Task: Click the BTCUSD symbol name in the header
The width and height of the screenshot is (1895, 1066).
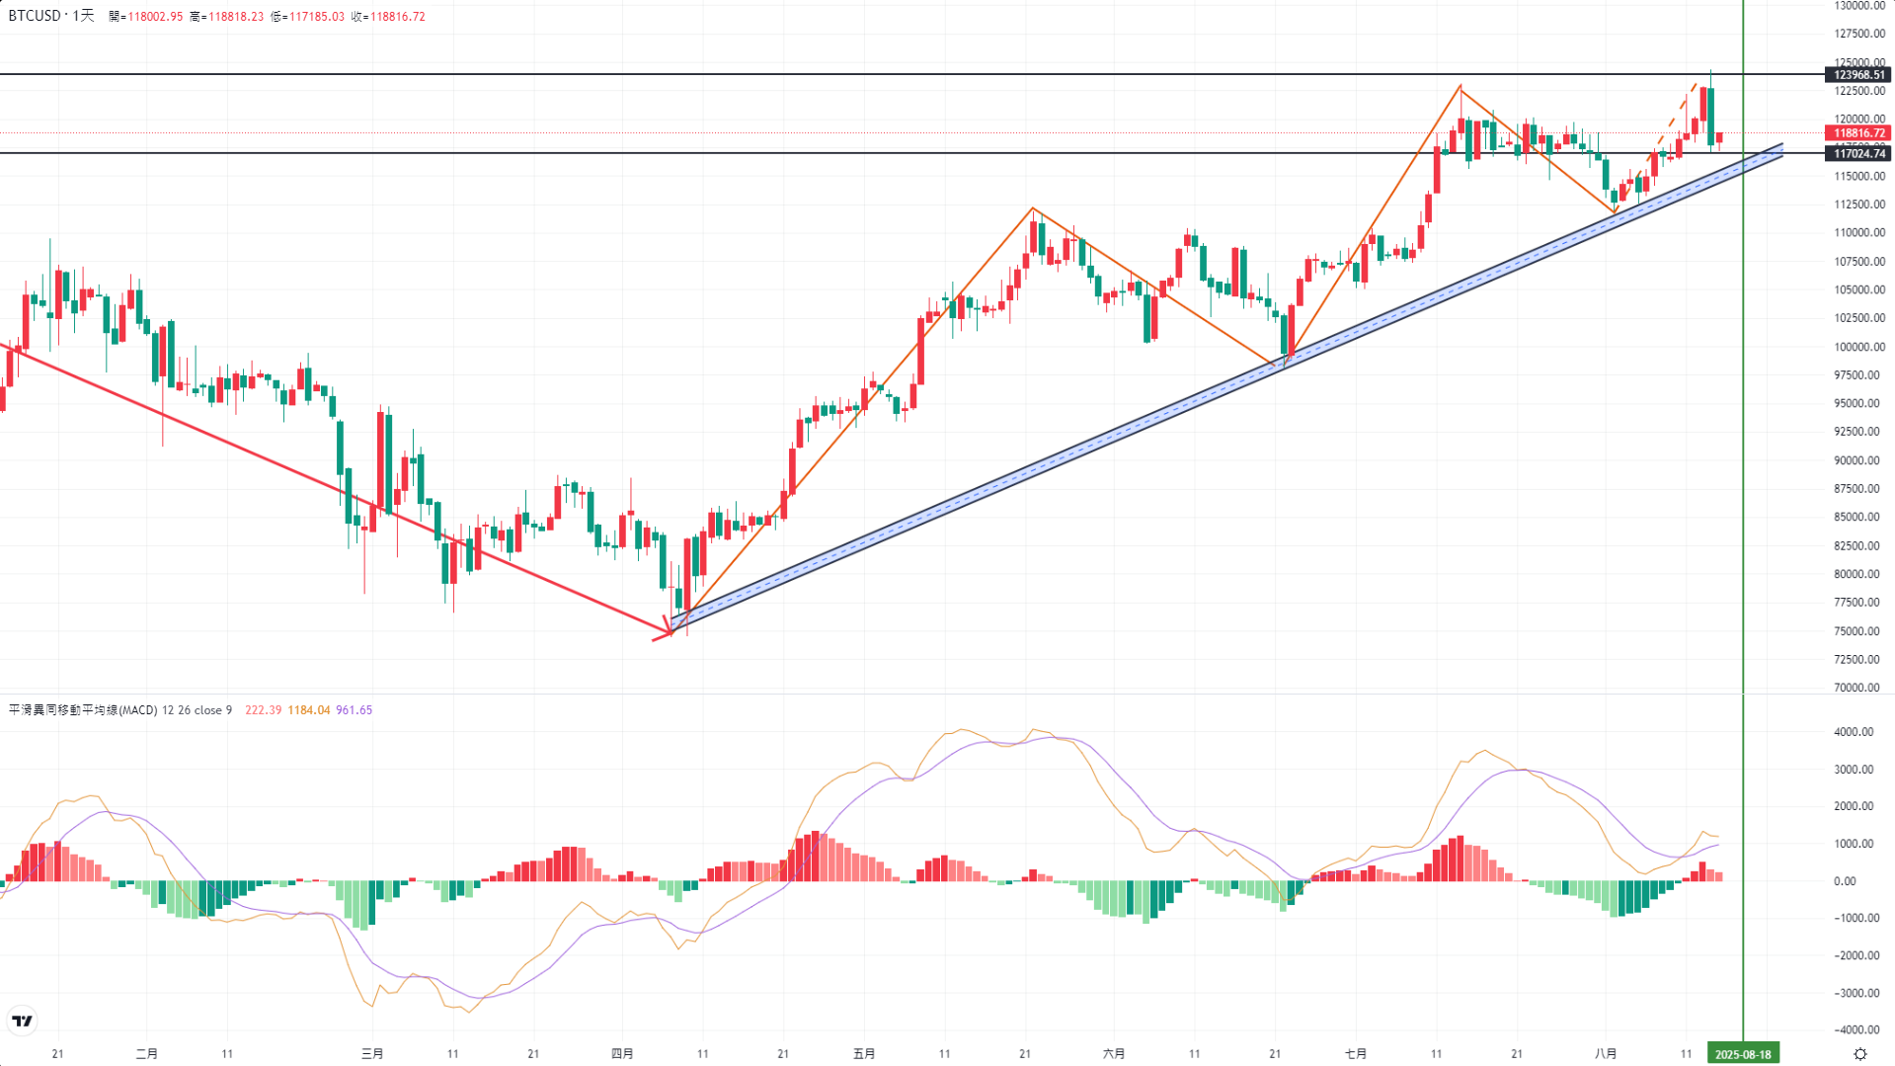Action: (35, 16)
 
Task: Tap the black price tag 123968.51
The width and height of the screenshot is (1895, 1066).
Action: (1858, 75)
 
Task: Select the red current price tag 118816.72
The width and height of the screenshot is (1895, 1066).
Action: (1858, 133)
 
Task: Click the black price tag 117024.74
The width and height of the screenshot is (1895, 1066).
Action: (1858, 153)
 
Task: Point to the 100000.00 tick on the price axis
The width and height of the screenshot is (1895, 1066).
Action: (1858, 347)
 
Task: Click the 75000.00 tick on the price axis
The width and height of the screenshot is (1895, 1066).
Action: (1858, 631)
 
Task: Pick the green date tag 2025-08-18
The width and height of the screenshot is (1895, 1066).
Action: (1743, 1054)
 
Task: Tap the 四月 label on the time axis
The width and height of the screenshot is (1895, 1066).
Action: (622, 1054)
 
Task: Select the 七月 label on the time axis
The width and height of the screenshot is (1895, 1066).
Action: (1356, 1054)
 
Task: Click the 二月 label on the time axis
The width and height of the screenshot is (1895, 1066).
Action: (146, 1054)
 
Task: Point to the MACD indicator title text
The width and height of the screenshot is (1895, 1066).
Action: (83, 710)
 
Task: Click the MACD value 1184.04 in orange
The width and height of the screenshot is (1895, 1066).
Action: (309, 710)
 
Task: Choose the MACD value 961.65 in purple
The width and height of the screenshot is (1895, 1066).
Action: (355, 710)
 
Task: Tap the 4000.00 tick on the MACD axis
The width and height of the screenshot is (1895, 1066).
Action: (1853, 732)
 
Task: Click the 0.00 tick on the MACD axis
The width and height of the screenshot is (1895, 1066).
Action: (1845, 881)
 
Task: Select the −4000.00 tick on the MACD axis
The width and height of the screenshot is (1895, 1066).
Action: (1853, 1029)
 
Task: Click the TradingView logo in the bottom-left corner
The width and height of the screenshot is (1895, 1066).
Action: (22, 1021)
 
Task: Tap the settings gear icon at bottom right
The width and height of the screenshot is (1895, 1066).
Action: (1860, 1054)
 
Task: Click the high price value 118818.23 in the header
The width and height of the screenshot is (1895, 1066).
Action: (235, 17)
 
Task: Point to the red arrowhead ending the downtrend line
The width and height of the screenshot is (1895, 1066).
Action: (666, 631)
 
